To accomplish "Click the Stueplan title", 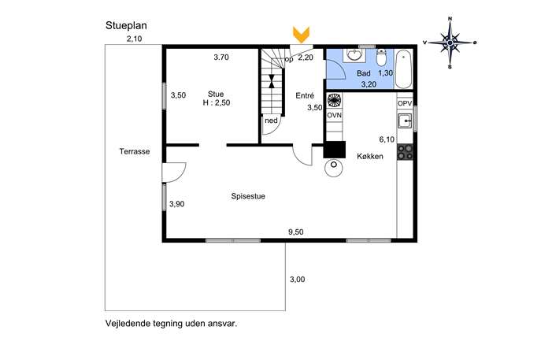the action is click(x=126, y=26).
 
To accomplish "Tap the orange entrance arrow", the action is click(x=301, y=35).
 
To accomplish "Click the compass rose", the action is click(x=450, y=43).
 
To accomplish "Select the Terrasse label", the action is click(x=135, y=151).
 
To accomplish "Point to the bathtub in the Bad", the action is click(x=403, y=69).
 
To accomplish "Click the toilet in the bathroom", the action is click(x=381, y=58).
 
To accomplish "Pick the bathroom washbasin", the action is click(x=354, y=55).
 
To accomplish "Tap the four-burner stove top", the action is click(x=405, y=152).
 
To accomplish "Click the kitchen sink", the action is click(x=405, y=121).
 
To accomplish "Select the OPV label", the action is click(x=405, y=103).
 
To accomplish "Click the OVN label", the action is click(x=334, y=115).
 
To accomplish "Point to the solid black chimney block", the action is click(x=335, y=150).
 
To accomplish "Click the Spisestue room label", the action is click(x=248, y=196).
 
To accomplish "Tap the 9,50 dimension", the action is click(x=295, y=232).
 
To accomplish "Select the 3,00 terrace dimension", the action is click(x=297, y=279).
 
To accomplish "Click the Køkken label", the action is click(x=370, y=156).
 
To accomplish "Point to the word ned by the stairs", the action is click(x=271, y=121).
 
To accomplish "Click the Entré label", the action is click(x=305, y=95).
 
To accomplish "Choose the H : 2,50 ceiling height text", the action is click(x=217, y=102).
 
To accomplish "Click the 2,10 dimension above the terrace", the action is click(x=134, y=39).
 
